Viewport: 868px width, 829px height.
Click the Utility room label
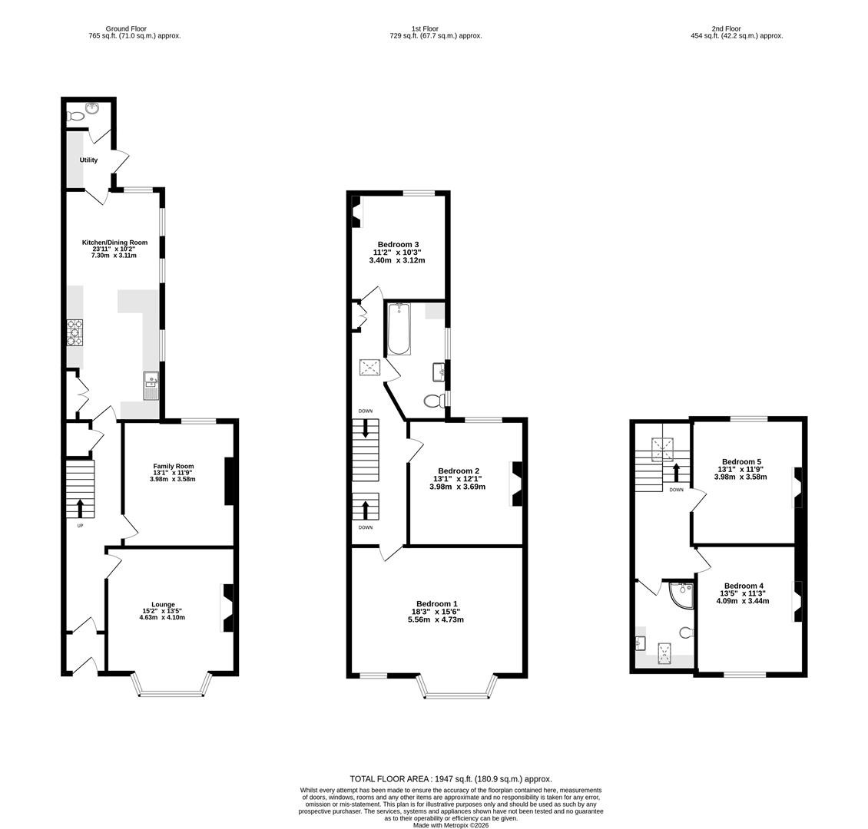(x=88, y=160)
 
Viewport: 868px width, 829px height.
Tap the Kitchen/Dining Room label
(x=114, y=243)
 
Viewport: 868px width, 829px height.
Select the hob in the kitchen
(x=75, y=332)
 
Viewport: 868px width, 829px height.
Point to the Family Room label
(x=173, y=466)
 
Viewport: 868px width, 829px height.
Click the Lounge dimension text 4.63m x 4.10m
(x=162, y=617)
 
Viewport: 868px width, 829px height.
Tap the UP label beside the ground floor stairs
(x=80, y=526)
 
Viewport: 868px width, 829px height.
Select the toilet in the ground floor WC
(x=75, y=117)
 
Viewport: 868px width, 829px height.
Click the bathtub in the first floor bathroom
(x=398, y=330)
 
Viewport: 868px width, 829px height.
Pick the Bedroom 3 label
(x=397, y=244)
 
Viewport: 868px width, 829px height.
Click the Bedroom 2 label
(x=459, y=471)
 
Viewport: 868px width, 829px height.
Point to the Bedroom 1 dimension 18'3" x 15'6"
(x=436, y=612)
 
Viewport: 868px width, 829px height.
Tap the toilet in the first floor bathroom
(x=434, y=401)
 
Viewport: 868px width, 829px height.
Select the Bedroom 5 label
(x=741, y=461)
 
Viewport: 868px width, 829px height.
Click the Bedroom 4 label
(x=744, y=586)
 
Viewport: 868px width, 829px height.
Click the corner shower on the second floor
(x=681, y=594)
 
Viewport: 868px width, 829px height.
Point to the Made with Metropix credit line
(x=451, y=825)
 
